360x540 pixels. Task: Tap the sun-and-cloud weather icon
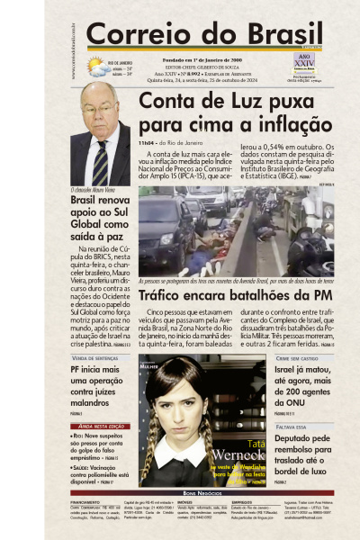click(x=95, y=66)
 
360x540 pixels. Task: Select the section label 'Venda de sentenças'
click(x=94, y=357)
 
